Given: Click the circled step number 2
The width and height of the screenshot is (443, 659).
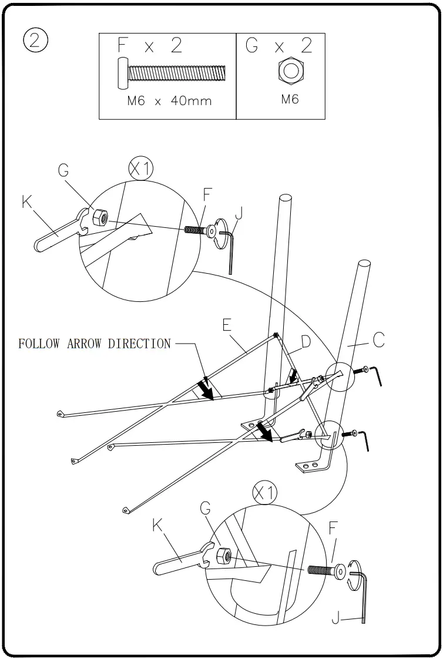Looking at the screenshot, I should pyautogui.click(x=35, y=41).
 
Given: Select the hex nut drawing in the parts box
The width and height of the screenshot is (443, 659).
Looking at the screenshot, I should pyautogui.click(x=290, y=70).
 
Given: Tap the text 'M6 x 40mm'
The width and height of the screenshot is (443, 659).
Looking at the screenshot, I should pyautogui.click(x=169, y=100).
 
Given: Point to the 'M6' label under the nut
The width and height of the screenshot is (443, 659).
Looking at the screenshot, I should pyautogui.click(x=290, y=99).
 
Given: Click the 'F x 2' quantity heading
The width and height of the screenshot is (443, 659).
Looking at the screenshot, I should pyautogui.click(x=150, y=46).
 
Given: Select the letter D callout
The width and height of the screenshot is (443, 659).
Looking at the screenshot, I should pyautogui.click(x=306, y=341).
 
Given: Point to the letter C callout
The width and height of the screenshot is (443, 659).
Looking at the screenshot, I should pyautogui.click(x=378, y=340).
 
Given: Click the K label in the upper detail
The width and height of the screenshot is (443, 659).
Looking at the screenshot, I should pyautogui.click(x=27, y=202).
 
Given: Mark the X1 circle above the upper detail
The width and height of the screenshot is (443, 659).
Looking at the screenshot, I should pyautogui.click(x=141, y=170).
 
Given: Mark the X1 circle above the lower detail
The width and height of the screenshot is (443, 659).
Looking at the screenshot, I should pyautogui.click(x=265, y=494).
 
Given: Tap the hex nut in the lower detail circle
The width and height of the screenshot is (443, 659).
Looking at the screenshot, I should pyautogui.click(x=224, y=555).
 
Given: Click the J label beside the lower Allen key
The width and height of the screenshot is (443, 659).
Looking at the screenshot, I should pyautogui.click(x=335, y=618).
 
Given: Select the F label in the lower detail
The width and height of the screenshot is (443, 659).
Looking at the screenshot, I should pyautogui.click(x=333, y=528).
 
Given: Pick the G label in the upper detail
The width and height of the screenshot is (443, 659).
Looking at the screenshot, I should pyautogui.click(x=63, y=171).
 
